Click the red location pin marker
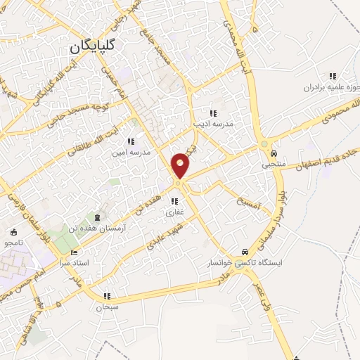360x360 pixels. click(x=181, y=165)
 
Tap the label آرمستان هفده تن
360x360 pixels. click(x=120, y=229)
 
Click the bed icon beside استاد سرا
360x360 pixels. click(x=75, y=252)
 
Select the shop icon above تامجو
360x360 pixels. click(x=13, y=233)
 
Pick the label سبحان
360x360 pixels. click(x=108, y=307)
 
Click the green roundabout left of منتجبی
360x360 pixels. click(x=264, y=143)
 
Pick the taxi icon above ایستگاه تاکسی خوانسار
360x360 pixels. click(x=244, y=251)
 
